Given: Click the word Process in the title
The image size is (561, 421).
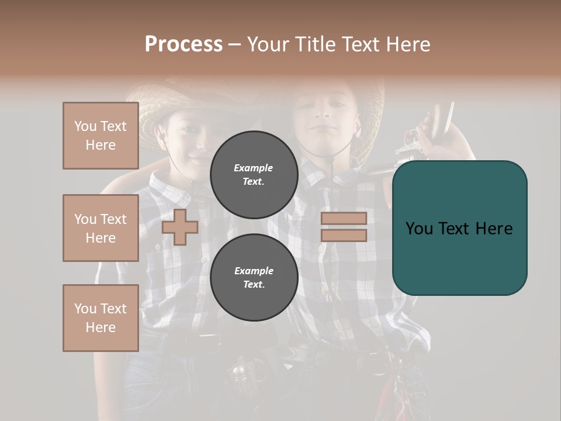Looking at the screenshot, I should click(183, 44).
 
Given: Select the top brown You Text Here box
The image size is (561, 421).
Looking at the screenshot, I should click(101, 136).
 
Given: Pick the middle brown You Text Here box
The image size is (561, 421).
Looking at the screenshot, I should click(101, 228).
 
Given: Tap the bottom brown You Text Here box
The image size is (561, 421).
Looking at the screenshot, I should click(101, 318).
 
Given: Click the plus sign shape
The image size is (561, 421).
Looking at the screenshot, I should click(180, 227).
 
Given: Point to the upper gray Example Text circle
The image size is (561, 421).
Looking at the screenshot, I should click(254, 175).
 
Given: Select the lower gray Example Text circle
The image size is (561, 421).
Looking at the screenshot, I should click(254, 278).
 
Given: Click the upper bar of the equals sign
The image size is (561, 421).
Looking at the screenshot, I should click(344, 219).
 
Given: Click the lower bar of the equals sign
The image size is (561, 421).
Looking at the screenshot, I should click(344, 236).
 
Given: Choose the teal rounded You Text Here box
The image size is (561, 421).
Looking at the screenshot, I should click(459, 228).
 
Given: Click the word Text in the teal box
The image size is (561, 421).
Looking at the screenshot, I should click(459, 228).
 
